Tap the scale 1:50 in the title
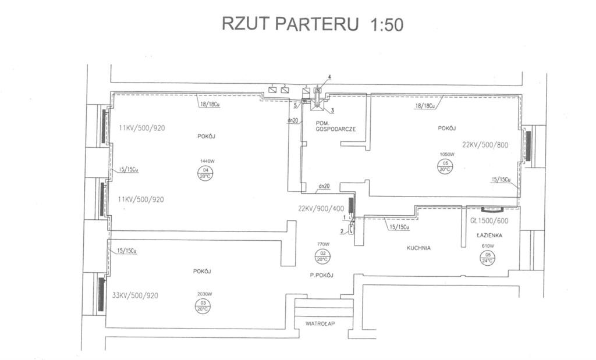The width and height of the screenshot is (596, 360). click(x=386, y=24)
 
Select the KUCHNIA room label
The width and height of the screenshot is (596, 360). click(x=418, y=248)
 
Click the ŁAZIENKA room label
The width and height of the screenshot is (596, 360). click(x=489, y=236)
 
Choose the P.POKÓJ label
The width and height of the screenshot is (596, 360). click(x=322, y=275)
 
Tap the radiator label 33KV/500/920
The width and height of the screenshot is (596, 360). click(x=134, y=295)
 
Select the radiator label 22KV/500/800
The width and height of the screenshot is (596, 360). click(x=485, y=145)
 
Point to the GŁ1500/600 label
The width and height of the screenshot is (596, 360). click(x=489, y=221)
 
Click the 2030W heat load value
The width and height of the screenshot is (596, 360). click(x=203, y=294)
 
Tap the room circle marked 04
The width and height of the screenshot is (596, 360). click(x=205, y=173)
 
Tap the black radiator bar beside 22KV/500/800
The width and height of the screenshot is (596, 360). click(x=528, y=145)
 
